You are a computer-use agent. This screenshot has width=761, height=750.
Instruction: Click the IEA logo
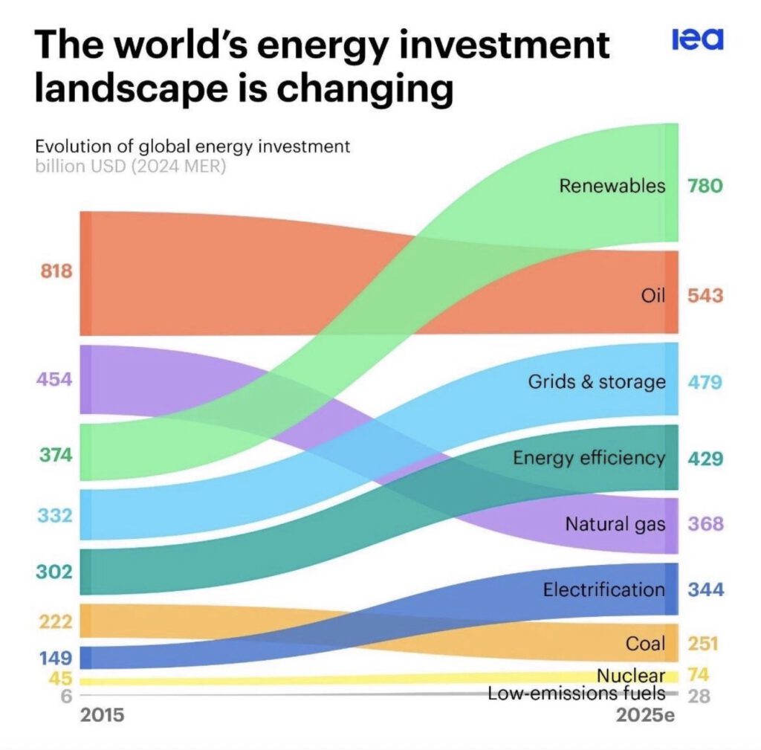click(x=697, y=39)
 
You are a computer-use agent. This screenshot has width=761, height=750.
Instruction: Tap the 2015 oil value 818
click(x=56, y=271)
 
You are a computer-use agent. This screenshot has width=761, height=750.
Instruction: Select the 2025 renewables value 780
click(x=704, y=185)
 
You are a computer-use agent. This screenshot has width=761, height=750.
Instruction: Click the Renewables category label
click(x=612, y=185)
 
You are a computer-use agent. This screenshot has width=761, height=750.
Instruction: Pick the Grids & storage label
click(x=597, y=382)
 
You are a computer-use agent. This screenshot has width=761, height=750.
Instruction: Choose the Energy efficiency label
click(x=589, y=457)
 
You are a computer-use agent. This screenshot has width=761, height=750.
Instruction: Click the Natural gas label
click(x=615, y=524)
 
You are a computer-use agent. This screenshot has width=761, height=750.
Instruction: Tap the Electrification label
click(x=603, y=590)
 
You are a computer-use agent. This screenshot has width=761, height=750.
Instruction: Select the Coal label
click(x=645, y=643)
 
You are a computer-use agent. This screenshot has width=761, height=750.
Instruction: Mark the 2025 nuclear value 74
click(x=699, y=675)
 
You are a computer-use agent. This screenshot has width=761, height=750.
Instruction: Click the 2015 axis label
click(x=102, y=716)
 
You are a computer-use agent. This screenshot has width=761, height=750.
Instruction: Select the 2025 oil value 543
click(x=705, y=296)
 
